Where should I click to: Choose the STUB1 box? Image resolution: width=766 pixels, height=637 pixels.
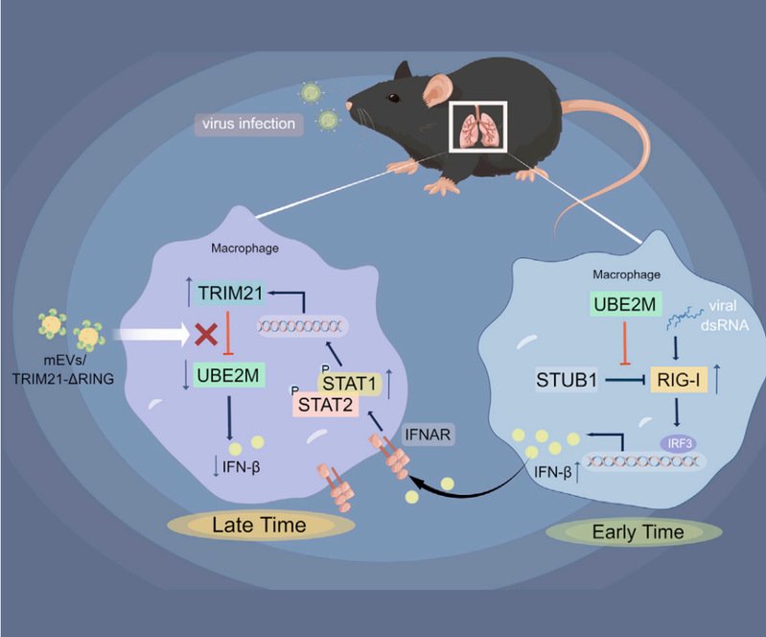click(567, 381)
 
